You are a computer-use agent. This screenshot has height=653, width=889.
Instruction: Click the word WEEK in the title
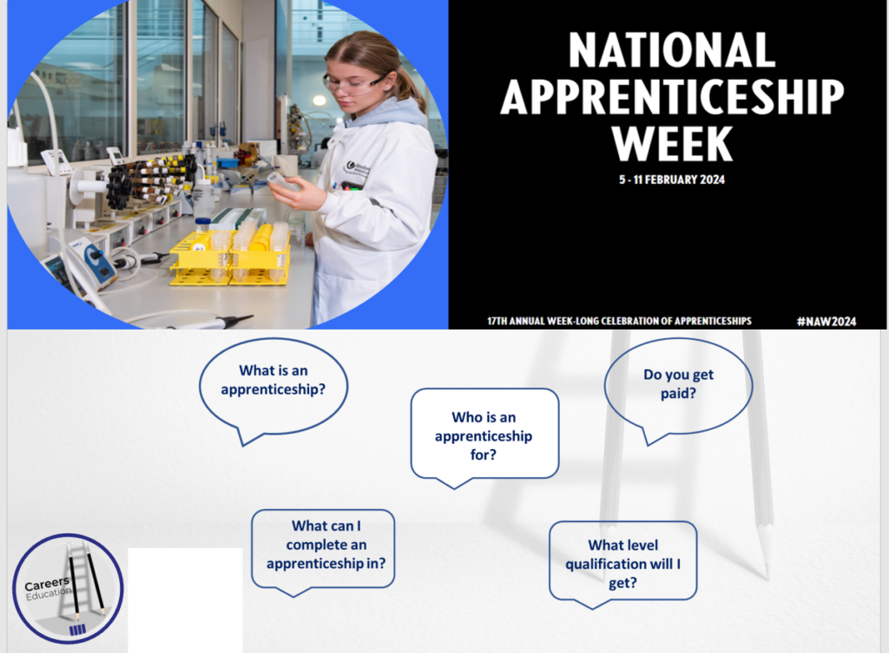(x=673, y=144)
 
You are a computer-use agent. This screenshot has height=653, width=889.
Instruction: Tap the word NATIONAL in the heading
(x=672, y=50)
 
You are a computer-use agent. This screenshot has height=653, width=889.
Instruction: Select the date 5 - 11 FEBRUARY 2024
(x=672, y=180)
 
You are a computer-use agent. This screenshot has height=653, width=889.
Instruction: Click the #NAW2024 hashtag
(x=826, y=321)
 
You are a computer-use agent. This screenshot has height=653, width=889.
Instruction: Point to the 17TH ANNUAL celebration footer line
(x=619, y=321)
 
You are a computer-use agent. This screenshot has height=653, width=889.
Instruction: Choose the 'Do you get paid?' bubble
(x=678, y=388)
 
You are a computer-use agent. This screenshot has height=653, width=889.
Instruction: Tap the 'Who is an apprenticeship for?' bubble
(x=484, y=436)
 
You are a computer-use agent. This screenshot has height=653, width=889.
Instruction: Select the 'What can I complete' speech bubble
(x=323, y=549)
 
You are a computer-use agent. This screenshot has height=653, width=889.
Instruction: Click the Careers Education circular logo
(x=68, y=589)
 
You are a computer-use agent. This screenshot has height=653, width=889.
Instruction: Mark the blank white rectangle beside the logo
(x=186, y=600)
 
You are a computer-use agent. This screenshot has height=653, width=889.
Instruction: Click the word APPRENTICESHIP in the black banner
(x=673, y=97)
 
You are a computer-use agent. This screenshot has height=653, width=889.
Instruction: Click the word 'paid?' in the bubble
(x=678, y=394)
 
